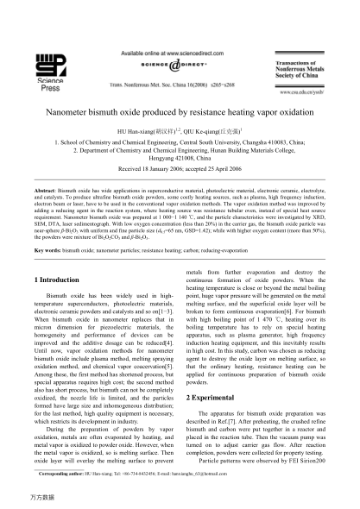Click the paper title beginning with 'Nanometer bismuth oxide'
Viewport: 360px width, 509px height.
pyautogui.click(x=180, y=110)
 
